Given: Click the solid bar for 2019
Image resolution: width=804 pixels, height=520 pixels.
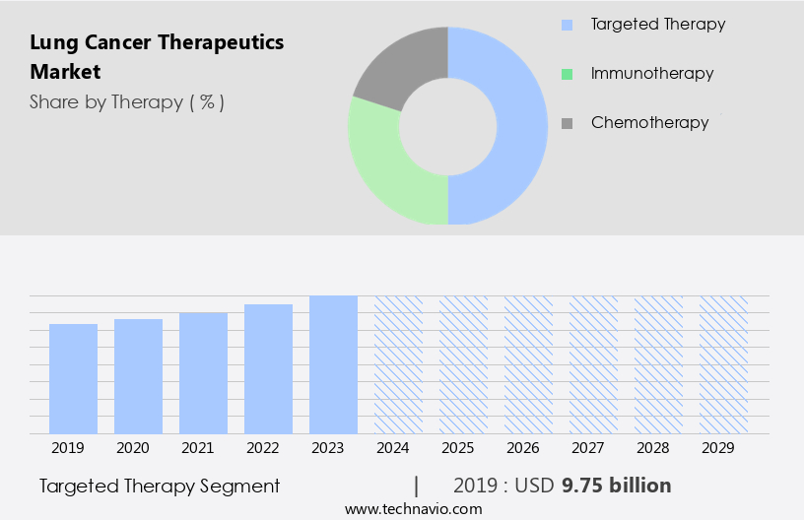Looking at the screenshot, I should (x=73, y=378).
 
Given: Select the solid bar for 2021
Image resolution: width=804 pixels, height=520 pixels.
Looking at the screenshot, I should (x=203, y=372).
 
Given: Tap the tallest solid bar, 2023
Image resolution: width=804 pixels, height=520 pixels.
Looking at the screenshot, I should (x=333, y=364).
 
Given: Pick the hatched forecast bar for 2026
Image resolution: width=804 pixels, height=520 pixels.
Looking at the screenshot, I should (x=528, y=364).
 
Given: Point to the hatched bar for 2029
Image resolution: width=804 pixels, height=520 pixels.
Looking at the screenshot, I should (x=723, y=364).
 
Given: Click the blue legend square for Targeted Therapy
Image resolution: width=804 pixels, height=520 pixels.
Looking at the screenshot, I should (x=567, y=25).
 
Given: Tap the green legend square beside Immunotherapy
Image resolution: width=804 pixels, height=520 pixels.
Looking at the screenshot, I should (x=567, y=74).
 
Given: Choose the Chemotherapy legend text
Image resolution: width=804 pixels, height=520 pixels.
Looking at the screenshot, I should (x=649, y=123).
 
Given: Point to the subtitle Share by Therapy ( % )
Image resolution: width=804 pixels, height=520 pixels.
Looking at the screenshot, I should (x=127, y=101).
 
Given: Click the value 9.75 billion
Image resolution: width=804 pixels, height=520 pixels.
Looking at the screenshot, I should (x=616, y=486).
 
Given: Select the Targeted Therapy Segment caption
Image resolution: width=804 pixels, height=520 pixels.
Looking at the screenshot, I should (x=160, y=486).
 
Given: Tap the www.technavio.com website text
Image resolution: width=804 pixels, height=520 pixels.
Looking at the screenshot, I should (x=413, y=508).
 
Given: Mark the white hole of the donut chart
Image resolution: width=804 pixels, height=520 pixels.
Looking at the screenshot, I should (x=447, y=126).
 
